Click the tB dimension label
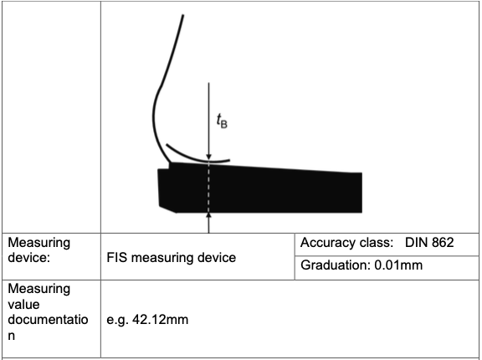[x=222, y=121]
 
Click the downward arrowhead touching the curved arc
[x=208, y=157]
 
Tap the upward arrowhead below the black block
[x=208, y=215]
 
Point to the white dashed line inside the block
[x=208, y=187]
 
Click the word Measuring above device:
[x=39, y=243]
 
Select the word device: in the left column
[x=29, y=257]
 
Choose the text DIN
[x=416, y=243]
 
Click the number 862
[x=443, y=243]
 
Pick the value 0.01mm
[x=398, y=265]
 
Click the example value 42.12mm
[x=160, y=320]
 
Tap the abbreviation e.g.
[x=117, y=321]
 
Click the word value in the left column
[x=23, y=305]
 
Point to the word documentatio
[x=48, y=320]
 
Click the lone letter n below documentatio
[x=12, y=336]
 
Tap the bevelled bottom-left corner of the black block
[x=167, y=208]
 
